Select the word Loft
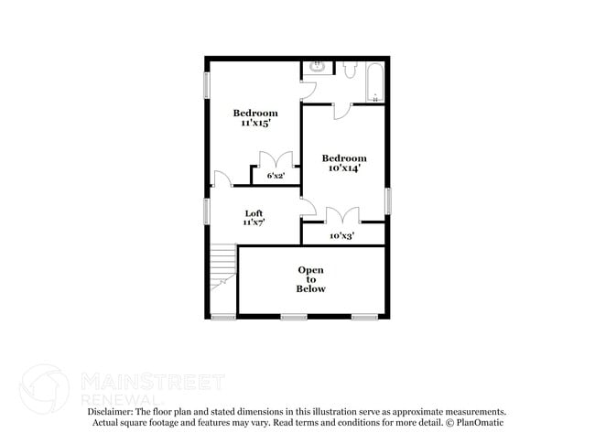pyautogui.click(x=254, y=212)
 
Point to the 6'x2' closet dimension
pyautogui.click(x=275, y=175)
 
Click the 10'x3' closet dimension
pyautogui.click(x=342, y=235)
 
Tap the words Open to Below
pyautogui.click(x=310, y=279)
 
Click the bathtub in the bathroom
pyautogui.click(x=372, y=81)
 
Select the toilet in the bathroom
pyautogui.click(x=351, y=70)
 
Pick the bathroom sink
pyautogui.click(x=316, y=67)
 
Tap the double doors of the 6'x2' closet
pyautogui.click(x=275, y=157)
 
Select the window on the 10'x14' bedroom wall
pyautogui.click(x=387, y=200)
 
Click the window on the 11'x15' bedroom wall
pyautogui.click(x=207, y=84)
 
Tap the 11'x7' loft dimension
pyautogui.click(x=254, y=222)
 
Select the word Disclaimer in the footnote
pyautogui.click(x=114, y=413)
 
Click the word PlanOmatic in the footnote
pyautogui.click(x=481, y=424)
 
